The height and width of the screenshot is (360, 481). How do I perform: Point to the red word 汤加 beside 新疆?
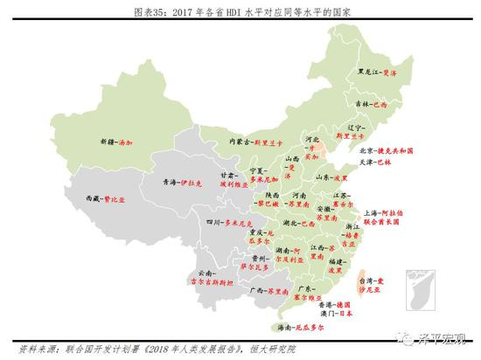coord(129,142)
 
